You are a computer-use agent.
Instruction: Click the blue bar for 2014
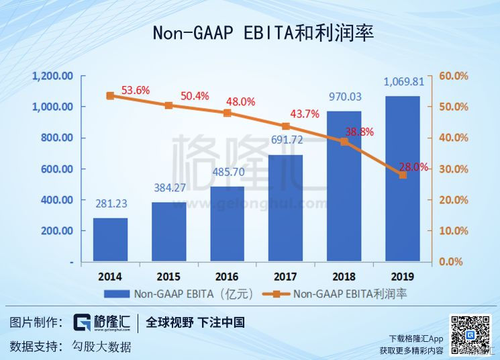pyautogui.click(x=110, y=240)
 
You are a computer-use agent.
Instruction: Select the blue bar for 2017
pyautogui.click(x=285, y=208)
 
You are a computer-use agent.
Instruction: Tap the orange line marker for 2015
pyautogui.click(x=168, y=105)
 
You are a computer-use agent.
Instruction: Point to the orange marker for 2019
pyautogui.click(x=403, y=175)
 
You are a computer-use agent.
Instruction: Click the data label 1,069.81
pyautogui.click(x=404, y=82)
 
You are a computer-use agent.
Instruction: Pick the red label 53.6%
pyautogui.click(x=136, y=90)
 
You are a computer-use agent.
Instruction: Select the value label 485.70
pyautogui.click(x=228, y=173)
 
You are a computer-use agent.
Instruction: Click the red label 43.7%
pyautogui.click(x=305, y=114)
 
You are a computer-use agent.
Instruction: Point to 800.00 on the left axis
pyautogui.click(x=57, y=138)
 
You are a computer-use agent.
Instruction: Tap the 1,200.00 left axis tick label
pyautogui.click(x=52, y=76)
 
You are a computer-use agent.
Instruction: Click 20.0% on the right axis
pyautogui.click(x=454, y=200)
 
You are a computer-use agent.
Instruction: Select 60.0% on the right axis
pyautogui.click(x=454, y=76)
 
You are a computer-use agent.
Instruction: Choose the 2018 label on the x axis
pyautogui.click(x=344, y=277)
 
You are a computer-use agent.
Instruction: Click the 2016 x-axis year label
pyautogui.click(x=227, y=277)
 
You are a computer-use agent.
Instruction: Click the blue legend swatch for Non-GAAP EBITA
pyautogui.click(x=117, y=294)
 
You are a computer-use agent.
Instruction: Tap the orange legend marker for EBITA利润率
pyautogui.click(x=276, y=294)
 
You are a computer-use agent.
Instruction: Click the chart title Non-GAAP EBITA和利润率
pyautogui.click(x=263, y=33)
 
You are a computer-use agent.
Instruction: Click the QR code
pyautogui.click(x=470, y=334)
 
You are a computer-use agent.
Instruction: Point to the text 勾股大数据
pyautogui.click(x=101, y=347)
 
